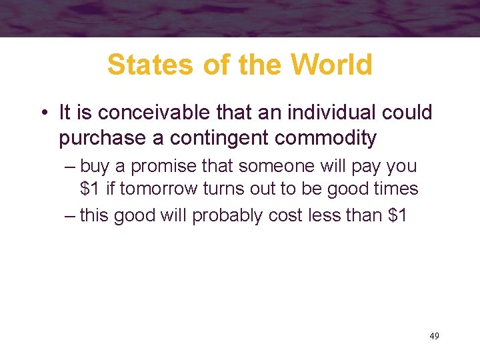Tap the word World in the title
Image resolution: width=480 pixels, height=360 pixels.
331,65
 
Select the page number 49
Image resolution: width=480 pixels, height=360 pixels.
434,336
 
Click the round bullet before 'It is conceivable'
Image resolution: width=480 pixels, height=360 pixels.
44,113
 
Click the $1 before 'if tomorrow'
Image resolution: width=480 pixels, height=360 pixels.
90,189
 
